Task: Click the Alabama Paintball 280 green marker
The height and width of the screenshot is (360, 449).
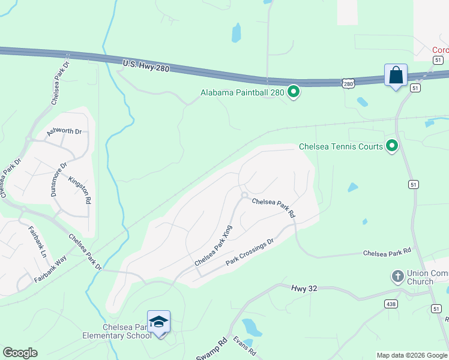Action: tap(294, 92)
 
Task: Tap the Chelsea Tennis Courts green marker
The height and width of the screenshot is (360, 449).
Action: tap(392, 145)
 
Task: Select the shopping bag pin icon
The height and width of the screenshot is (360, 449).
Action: tap(396, 76)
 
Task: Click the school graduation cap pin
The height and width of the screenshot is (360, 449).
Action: tap(159, 323)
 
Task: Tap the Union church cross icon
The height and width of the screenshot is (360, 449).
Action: tap(397, 277)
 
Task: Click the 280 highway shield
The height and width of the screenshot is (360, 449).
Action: tap(349, 84)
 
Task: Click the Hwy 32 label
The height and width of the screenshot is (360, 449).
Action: tap(304, 289)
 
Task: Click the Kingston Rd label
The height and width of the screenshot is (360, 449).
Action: tap(79, 190)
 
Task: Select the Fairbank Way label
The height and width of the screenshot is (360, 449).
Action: tap(50, 269)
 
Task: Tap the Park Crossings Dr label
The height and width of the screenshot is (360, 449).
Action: tap(250, 252)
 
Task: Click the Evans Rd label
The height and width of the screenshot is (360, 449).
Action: tap(244, 346)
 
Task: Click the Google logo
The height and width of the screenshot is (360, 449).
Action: tap(20, 353)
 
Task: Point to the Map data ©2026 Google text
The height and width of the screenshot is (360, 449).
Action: tap(411, 355)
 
